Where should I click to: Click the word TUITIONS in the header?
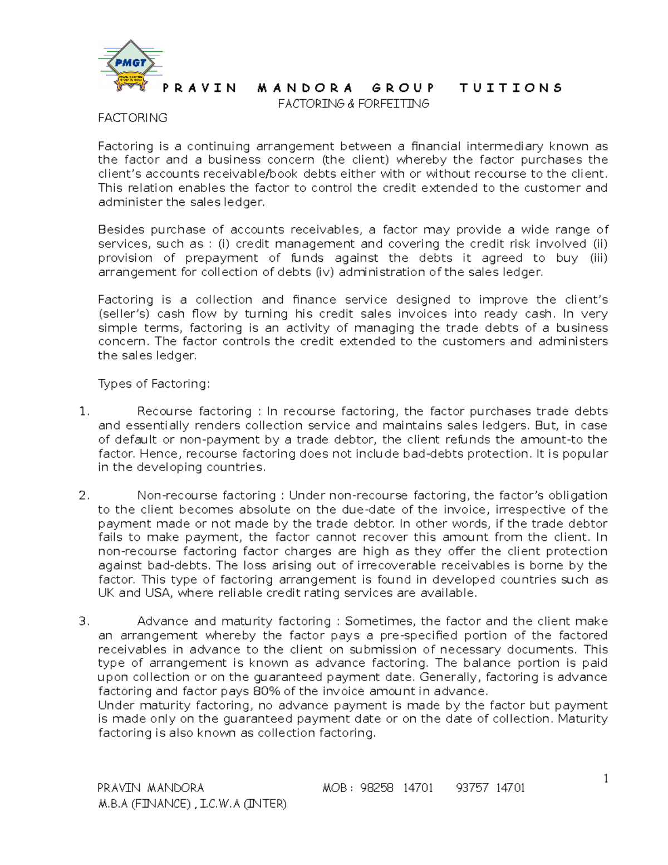[x=511, y=88]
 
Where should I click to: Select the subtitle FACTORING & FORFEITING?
[x=353, y=104]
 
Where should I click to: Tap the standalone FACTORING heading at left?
[x=132, y=118]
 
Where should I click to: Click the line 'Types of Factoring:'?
[x=154, y=384]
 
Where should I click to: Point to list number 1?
[x=84, y=412]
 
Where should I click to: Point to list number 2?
[x=84, y=496]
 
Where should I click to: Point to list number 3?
[x=84, y=622]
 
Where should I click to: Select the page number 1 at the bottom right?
[x=606, y=779]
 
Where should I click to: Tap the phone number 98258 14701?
[x=396, y=788]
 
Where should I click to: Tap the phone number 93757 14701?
[x=490, y=788]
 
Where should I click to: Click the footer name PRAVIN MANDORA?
[x=151, y=788]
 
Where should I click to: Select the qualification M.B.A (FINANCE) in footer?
[x=144, y=804]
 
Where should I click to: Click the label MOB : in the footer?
[x=337, y=788]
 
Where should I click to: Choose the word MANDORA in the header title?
[x=305, y=88]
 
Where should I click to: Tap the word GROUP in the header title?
[x=403, y=88]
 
